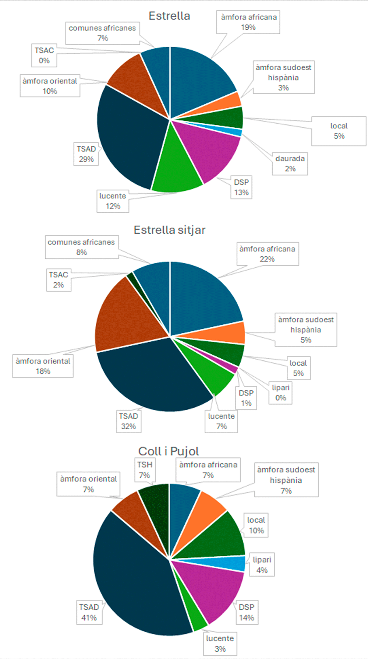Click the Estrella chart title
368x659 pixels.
coord(169,16)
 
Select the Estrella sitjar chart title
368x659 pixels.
coord(170,230)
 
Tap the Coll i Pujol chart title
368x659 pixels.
coord(169,451)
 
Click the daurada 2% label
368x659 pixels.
coord(290,164)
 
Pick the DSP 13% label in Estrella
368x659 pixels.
coord(241,187)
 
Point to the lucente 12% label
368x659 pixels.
coord(113,201)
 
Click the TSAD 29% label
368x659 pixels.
coord(86,154)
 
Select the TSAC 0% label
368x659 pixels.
coord(44,56)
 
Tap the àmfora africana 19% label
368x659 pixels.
coord(248,22)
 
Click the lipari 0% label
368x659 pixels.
coord(280,393)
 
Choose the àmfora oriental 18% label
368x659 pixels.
coord(43,366)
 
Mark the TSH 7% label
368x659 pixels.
coord(145,470)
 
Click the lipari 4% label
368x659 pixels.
coord(262,565)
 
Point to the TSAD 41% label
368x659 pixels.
coord(89,612)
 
